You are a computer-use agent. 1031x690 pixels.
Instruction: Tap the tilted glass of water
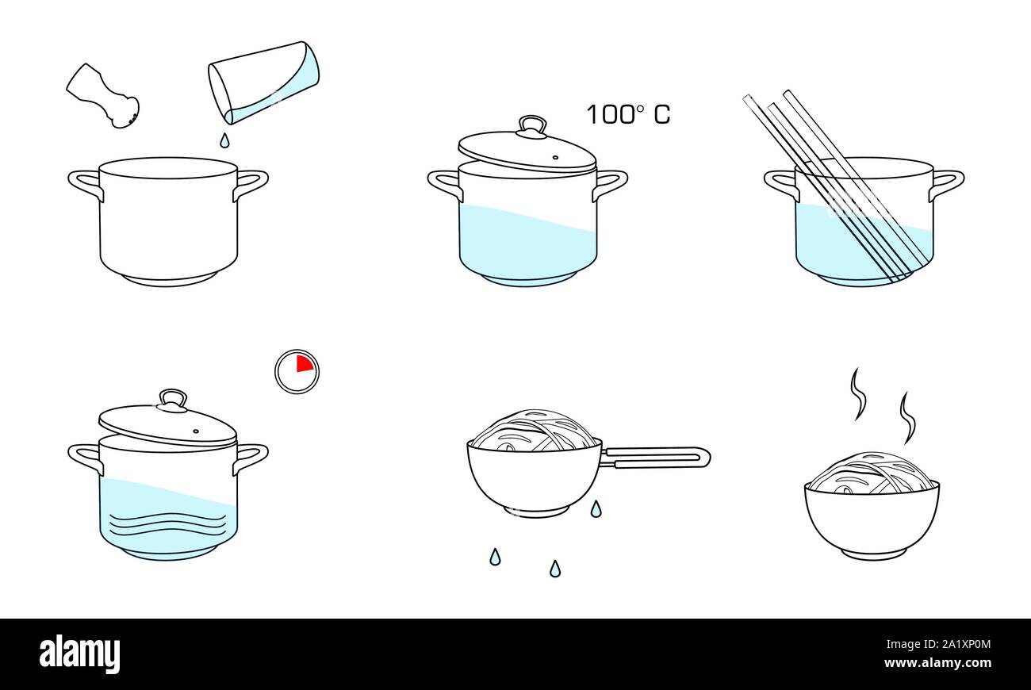coord(264,82)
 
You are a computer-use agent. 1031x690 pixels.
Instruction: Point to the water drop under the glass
coord(224,140)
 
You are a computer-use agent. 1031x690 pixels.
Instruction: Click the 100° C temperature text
coord(627,115)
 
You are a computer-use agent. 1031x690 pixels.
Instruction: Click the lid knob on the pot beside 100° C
coord(532,125)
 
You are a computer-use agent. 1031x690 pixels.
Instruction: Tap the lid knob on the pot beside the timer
coord(172,398)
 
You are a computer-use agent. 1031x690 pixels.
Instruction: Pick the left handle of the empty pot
coord(86,183)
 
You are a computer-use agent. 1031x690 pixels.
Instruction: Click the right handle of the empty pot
coord(251,183)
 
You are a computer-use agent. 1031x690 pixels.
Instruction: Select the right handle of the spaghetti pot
coord(947,183)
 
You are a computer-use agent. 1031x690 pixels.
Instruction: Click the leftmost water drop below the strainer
coord(495,557)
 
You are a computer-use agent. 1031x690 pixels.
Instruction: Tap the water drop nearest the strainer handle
coord(595,508)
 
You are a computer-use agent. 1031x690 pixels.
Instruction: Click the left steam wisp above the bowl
coord(857,393)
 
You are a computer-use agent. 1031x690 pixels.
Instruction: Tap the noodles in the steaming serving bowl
coord(871,473)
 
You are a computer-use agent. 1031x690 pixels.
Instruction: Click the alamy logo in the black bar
coord(79,654)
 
